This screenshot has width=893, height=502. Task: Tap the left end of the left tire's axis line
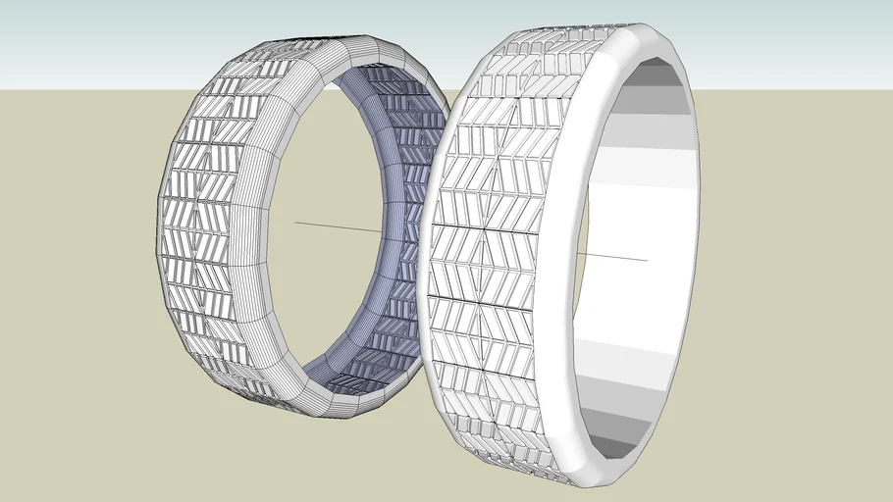coord(296,224)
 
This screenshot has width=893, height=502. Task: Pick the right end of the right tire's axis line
coord(647,260)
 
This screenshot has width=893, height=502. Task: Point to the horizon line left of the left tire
coord(79,89)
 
